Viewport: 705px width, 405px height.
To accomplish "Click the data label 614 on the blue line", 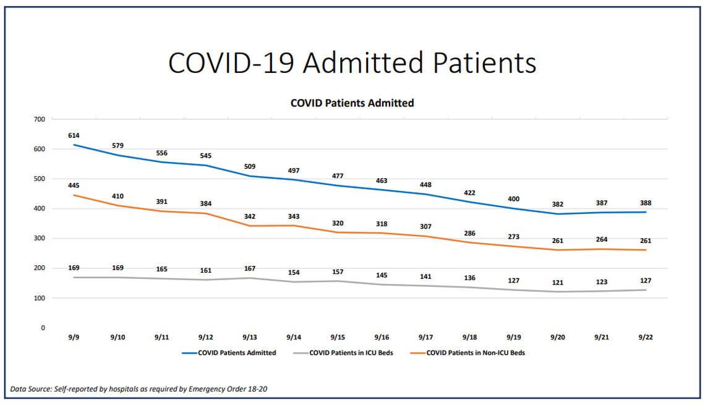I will point(74,135).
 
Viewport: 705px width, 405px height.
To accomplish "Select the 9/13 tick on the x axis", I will point(250,338).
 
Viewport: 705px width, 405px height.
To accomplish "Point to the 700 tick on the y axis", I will point(40,119).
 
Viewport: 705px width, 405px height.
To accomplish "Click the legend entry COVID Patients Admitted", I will point(237,353).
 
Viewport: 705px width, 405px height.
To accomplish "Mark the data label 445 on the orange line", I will point(74,185).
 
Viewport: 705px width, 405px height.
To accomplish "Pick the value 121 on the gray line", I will point(558,283).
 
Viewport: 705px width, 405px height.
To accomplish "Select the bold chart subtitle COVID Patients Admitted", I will point(352,103).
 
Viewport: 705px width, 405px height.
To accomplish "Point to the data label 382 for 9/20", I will point(558,204).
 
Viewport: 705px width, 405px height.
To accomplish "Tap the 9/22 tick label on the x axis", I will point(646,338).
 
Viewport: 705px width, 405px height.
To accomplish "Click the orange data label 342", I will point(250,216).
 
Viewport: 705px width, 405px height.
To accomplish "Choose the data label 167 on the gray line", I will point(250,269).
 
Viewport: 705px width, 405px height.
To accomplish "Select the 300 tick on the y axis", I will point(40,238).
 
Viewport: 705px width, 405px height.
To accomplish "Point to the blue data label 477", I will point(338,176).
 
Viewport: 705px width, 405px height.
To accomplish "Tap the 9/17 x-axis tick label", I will point(425,338).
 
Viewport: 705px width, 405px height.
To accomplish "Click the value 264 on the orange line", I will point(602,240).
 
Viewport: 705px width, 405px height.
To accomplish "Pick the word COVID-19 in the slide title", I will point(234,62).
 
